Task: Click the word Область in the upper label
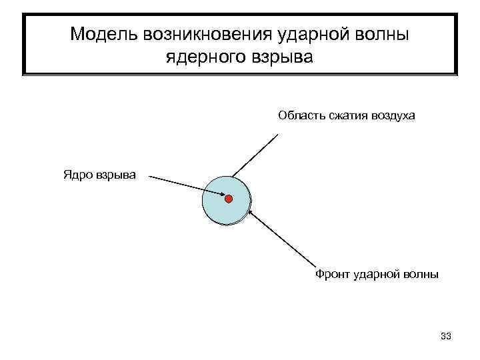tap(301, 116)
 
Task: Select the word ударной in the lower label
tap(376, 273)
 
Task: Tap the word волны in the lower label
tap(421, 273)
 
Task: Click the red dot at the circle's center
tap(228, 199)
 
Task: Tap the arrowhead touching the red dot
tap(221, 196)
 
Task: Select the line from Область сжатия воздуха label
tap(256, 155)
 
